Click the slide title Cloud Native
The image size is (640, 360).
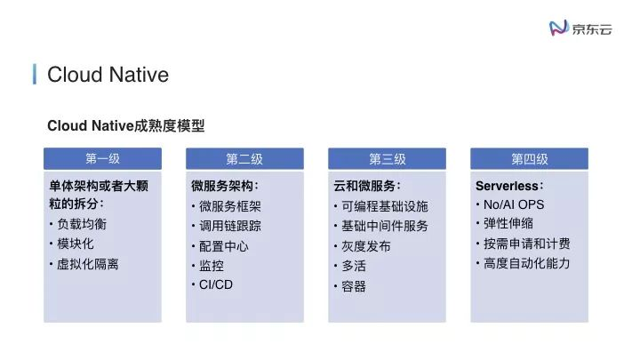108,74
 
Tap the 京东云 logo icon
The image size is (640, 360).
559,28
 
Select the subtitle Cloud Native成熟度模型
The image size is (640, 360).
125,126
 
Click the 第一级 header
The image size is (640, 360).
102,158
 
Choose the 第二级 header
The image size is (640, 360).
244,158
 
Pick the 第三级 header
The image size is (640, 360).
387,158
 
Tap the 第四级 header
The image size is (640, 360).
529,158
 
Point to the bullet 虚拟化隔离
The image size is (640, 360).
88,264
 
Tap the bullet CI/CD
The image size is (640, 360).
216,284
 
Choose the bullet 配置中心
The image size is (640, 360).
224,245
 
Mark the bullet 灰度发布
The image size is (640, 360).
366,246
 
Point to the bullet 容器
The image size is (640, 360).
354,286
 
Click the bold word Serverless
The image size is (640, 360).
508,187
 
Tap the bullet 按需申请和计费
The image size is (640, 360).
526,244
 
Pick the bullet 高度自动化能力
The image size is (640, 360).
526,263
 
